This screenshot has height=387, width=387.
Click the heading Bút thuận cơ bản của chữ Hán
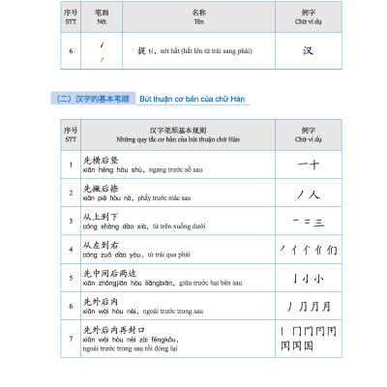click(192, 100)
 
